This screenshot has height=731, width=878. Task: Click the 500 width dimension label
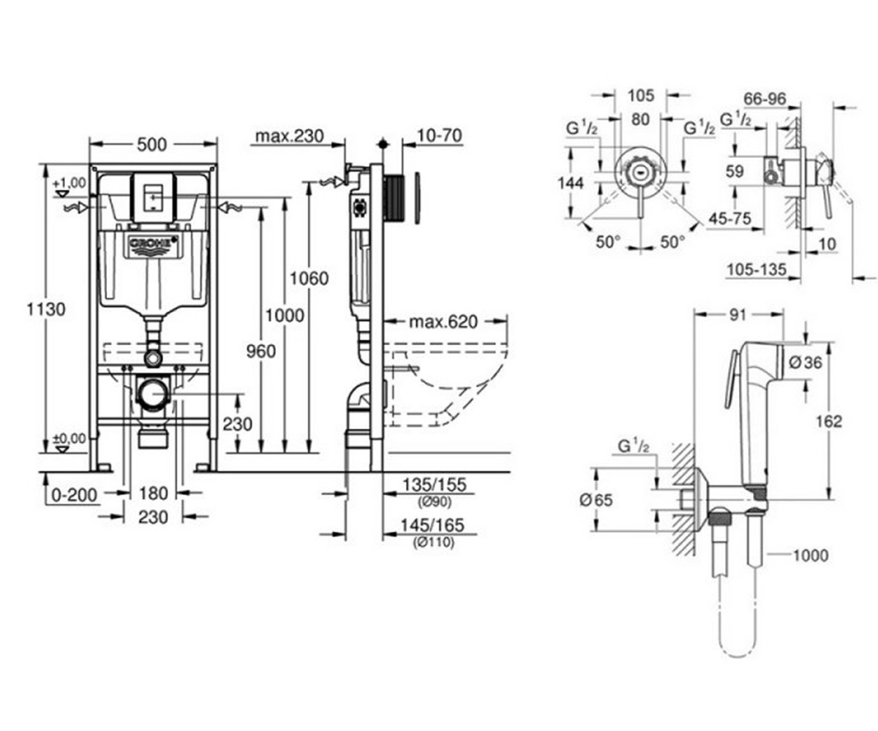pyautogui.click(x=151, y=145)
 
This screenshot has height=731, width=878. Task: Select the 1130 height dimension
pyautogui.click(x=46, y=310)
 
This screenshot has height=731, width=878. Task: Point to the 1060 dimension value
pyautogui.click(x=309, y=279)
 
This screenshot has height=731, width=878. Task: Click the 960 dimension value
pyautogui.click(x=261, y=351)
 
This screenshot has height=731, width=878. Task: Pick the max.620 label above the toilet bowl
pyautogui.click(x=443, y=322)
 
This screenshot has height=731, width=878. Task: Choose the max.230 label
pyautogui.click(x=290, y=136)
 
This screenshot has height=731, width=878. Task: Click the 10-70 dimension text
pyautogui.click(x=440, y=136)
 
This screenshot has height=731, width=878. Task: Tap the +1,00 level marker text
pyautogui.click(x=70, y=183)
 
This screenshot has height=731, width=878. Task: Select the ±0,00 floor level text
pyautogui.click(x=70, y=439)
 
